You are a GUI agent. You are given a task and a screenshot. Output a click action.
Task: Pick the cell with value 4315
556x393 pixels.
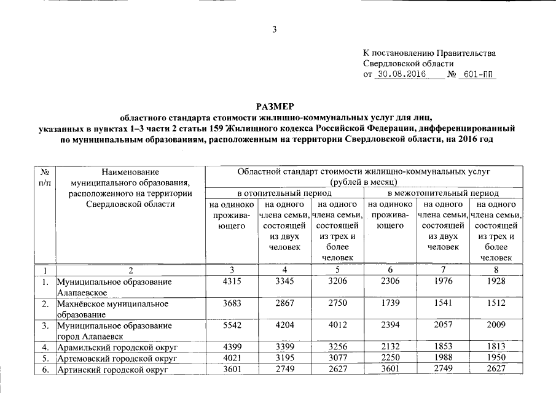(x=230, y=281)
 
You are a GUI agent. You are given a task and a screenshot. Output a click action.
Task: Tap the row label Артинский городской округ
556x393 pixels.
(x=112, y=370)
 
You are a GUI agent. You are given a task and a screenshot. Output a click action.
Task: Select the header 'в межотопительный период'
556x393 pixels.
(x=442, y=193)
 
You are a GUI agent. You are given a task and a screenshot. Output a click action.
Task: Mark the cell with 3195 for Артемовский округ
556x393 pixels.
(x=284, y=359)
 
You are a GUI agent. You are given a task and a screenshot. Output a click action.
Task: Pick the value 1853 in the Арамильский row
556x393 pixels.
(x=442, y=348)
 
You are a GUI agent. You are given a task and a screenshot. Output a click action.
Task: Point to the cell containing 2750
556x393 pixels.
(x=337, y=303)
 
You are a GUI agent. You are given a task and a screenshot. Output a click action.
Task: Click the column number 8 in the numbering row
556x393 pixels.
(x=495, y=270)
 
